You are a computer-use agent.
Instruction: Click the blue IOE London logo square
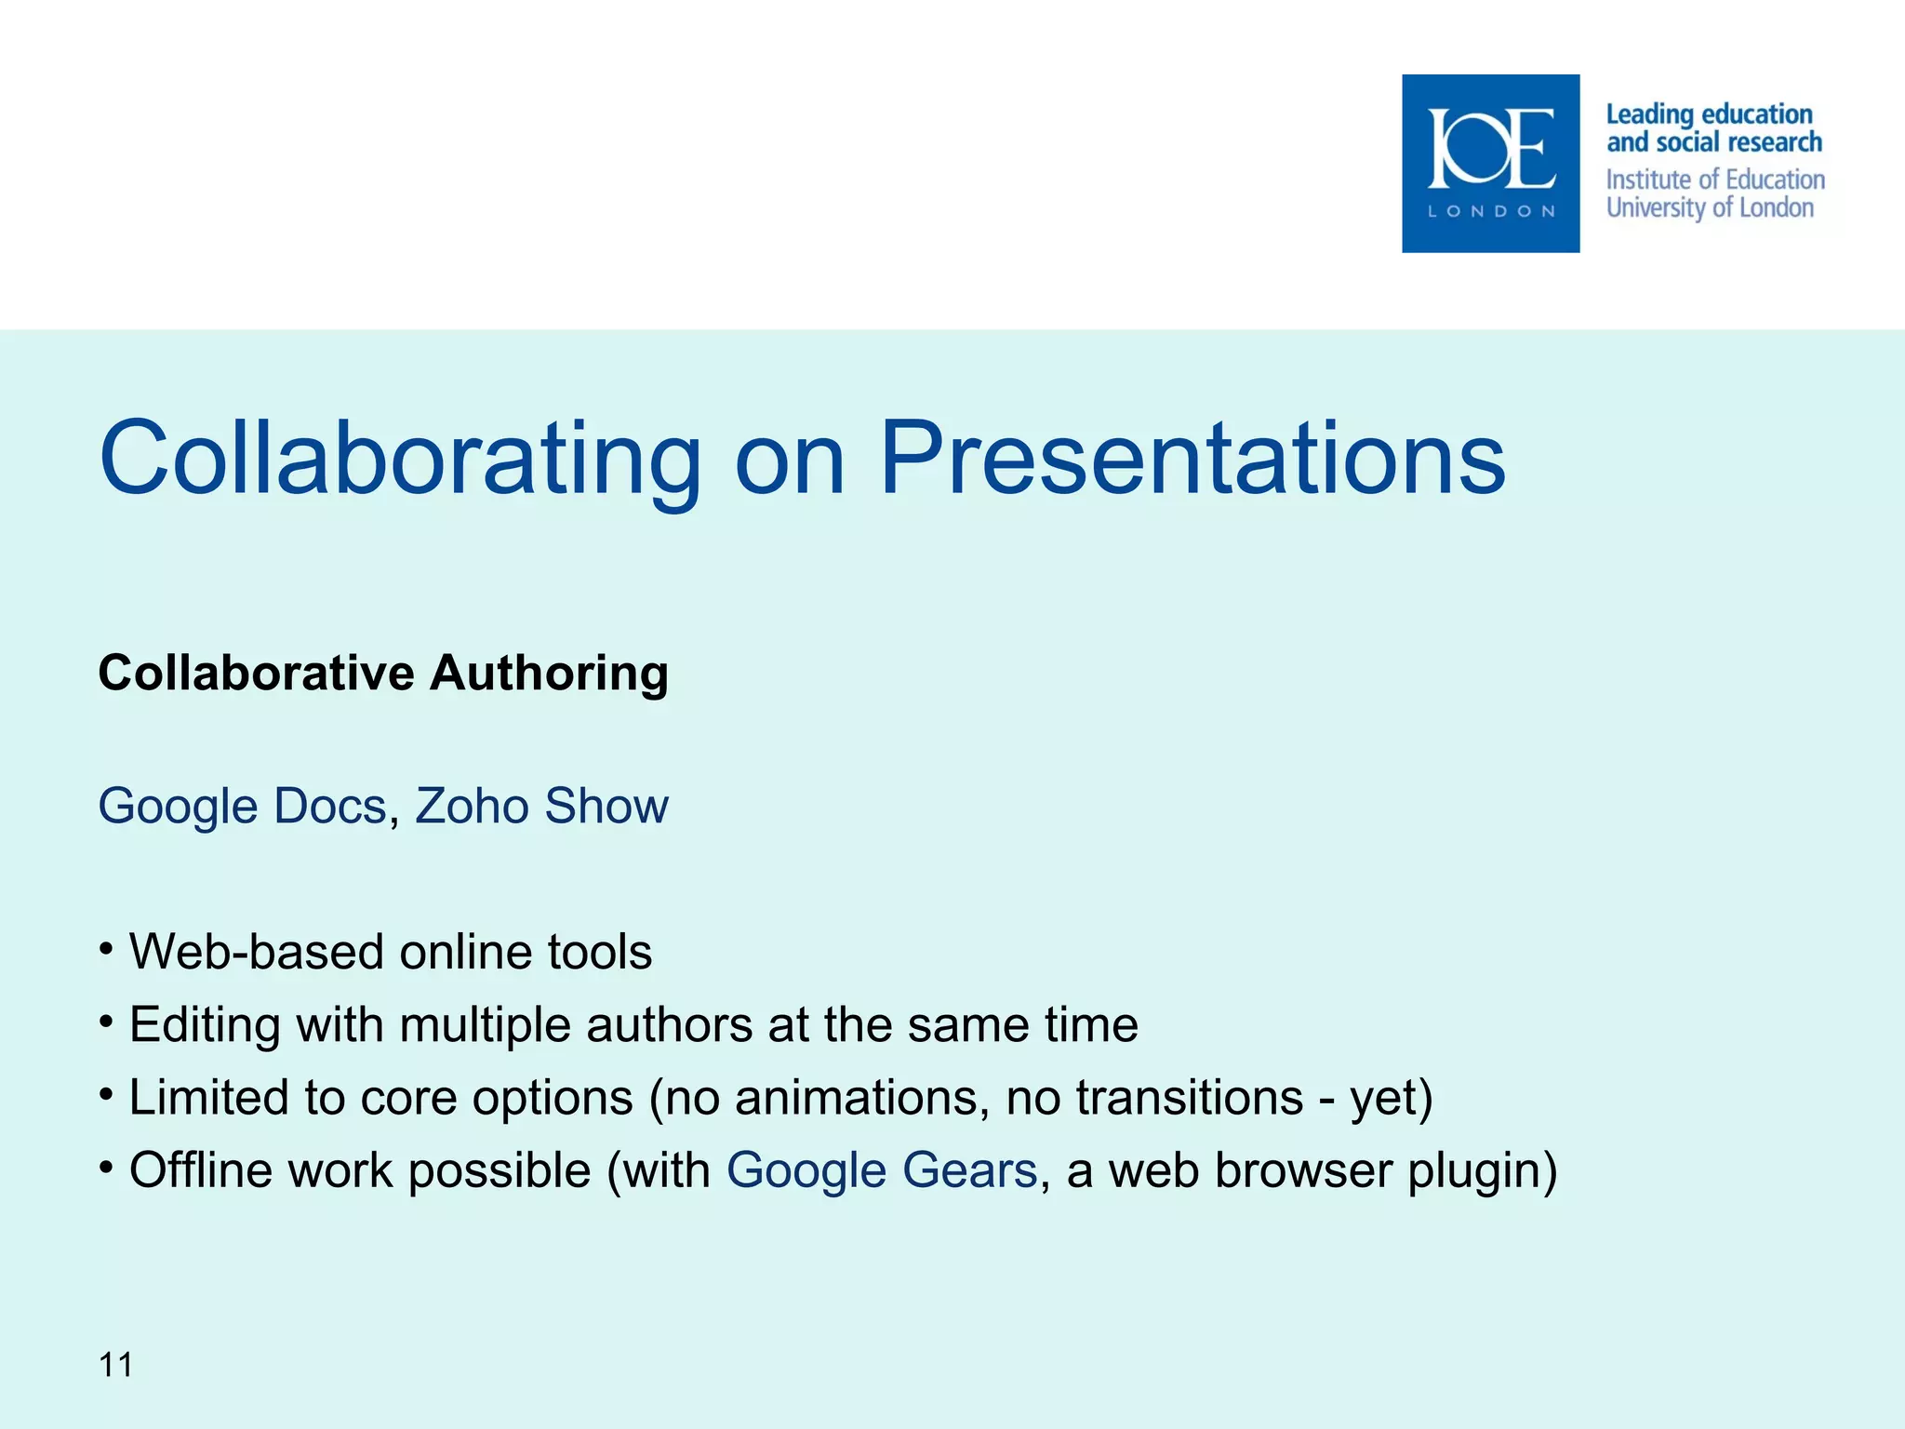click(1490, 163)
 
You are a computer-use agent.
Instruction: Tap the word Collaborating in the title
click(400, 458)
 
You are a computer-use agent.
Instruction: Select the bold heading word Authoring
click(549, 673)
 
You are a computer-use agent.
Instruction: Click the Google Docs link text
click(242, 806)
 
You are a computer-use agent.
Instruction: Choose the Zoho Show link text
click(541, 806)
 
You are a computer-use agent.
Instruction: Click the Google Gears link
click(881, 1170)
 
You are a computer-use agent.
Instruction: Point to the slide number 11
click(115, 1365)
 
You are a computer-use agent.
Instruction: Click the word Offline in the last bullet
click(201, 1170)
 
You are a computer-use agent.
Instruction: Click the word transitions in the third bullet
click(1189, 1097)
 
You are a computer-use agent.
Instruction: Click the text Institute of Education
click(1715, 180)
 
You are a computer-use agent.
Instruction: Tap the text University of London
click(1710, 207)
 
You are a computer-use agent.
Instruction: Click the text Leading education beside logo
click(1709, 114)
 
